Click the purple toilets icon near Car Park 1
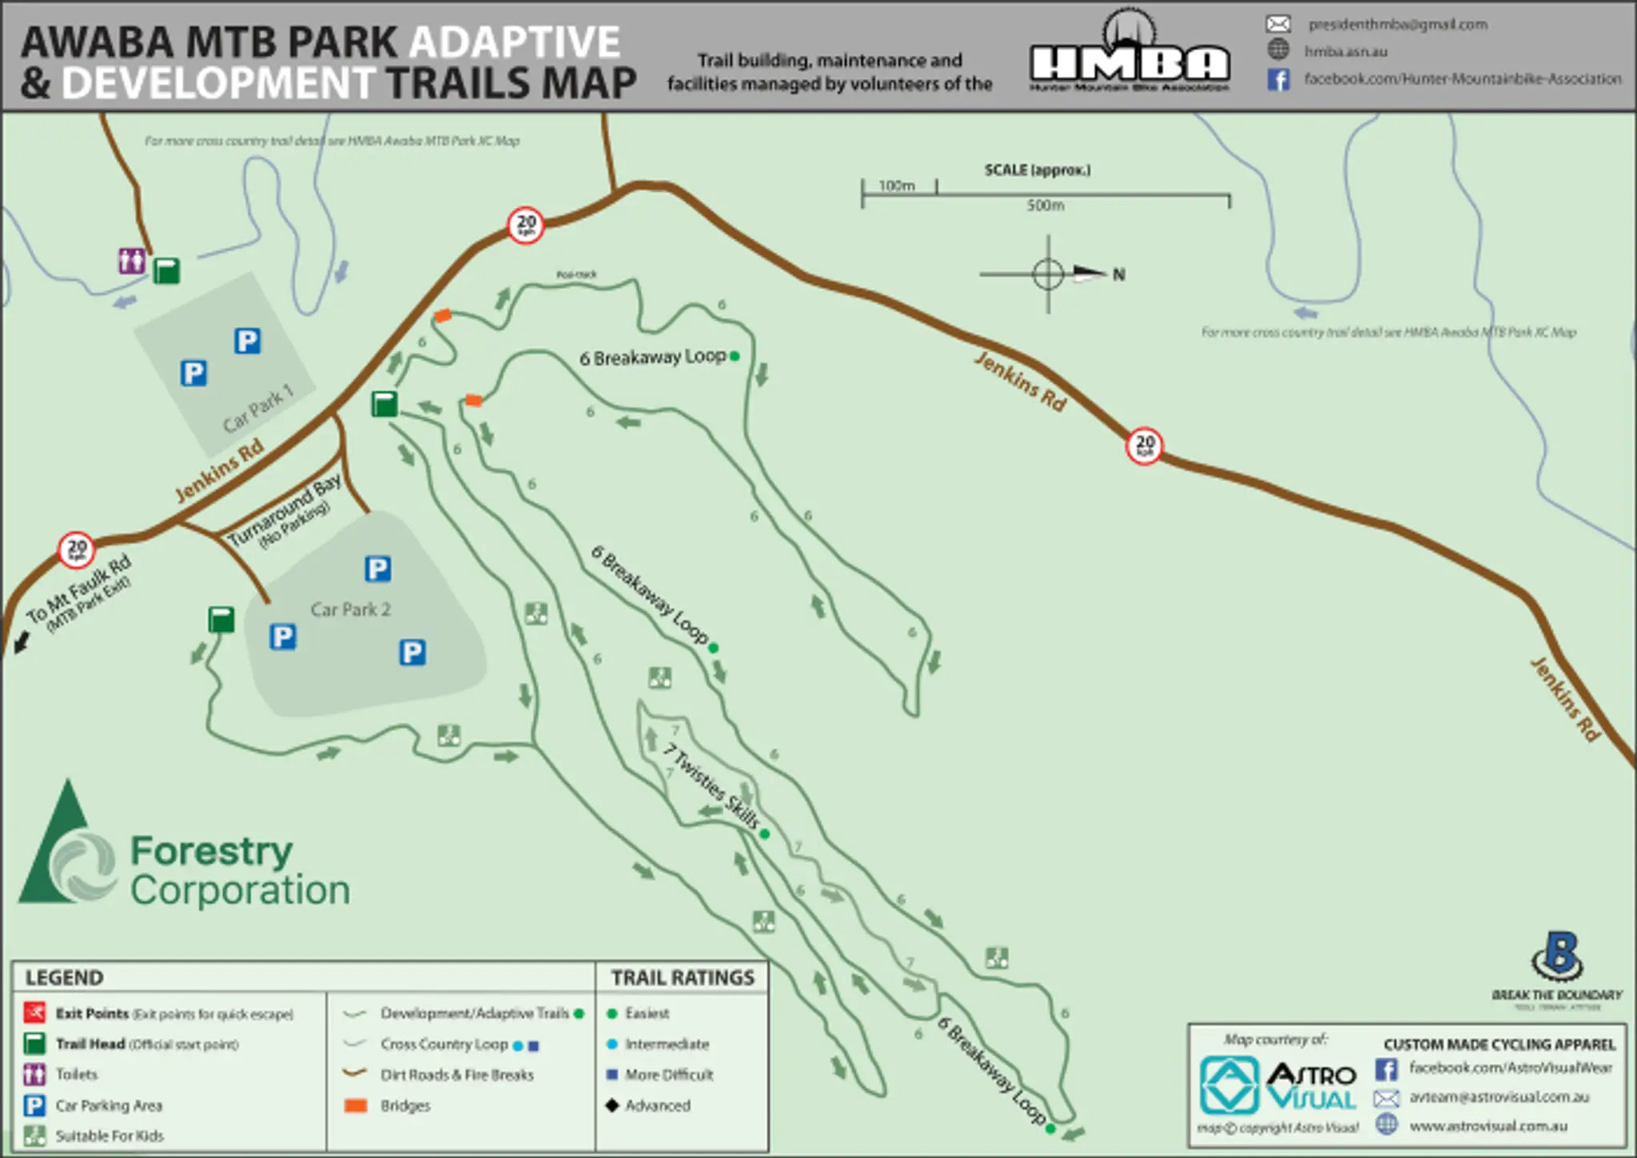132,261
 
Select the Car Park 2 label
350,609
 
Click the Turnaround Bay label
285,509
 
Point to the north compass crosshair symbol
1048,274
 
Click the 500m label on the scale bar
1045,206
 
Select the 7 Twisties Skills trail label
711,785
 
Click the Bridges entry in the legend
404,1105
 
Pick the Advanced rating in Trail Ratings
656,1105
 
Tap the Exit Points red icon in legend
34,1013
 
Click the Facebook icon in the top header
1278,79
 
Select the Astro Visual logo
1277,1086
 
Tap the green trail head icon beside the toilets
166,270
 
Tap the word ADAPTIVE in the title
516,42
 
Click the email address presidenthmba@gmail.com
1397,25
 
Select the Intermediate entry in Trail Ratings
666,1044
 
